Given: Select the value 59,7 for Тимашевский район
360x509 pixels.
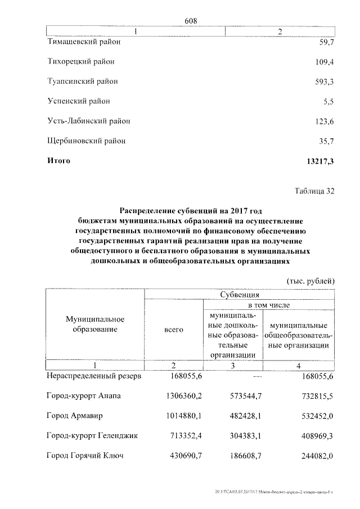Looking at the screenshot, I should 326,42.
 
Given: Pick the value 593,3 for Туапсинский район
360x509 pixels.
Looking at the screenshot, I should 325,82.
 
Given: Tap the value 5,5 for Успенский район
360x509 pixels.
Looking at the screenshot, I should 328,102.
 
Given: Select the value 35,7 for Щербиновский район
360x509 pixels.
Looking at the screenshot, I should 326,141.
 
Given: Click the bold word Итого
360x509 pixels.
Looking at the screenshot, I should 58,161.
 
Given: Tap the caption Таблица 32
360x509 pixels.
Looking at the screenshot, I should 314,191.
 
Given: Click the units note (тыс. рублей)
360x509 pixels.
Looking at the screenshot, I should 310,280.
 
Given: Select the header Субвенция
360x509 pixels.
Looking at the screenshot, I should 240,294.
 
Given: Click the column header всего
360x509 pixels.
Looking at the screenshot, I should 174,330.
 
